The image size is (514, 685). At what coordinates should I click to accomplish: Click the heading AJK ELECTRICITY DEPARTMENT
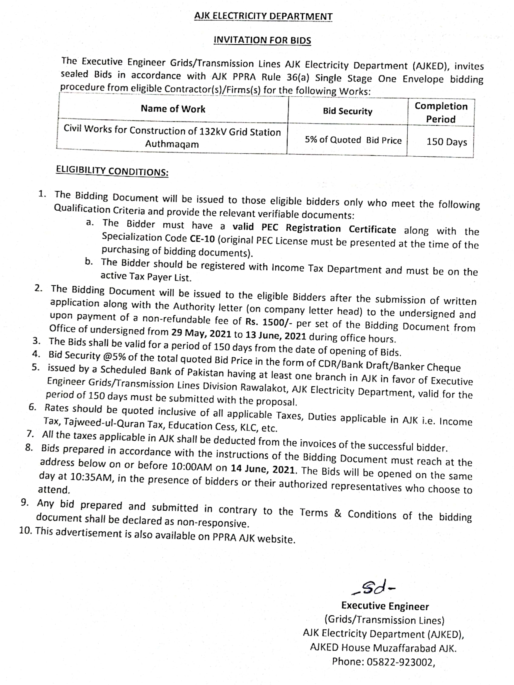pyautogui.click(x=263, y=16)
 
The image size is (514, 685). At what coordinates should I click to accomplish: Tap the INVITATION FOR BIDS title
pyautogui.click(x=262, y=40)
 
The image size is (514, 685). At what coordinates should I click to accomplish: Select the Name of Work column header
pyautogui.click(x=173, y=109)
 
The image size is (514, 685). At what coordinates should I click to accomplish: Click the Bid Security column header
pyautogui.click(x=347, y=111)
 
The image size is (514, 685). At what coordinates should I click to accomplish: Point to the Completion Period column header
pyautogui.click(x=441, y=113)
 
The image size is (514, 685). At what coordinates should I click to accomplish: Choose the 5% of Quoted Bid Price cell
pyautogui.click(x=353, y=140)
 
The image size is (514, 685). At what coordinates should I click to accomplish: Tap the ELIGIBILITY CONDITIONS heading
pyautogui.click(x=112, y=171)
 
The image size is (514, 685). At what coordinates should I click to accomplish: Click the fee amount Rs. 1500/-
pyautogui.click(x=269, y=322)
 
